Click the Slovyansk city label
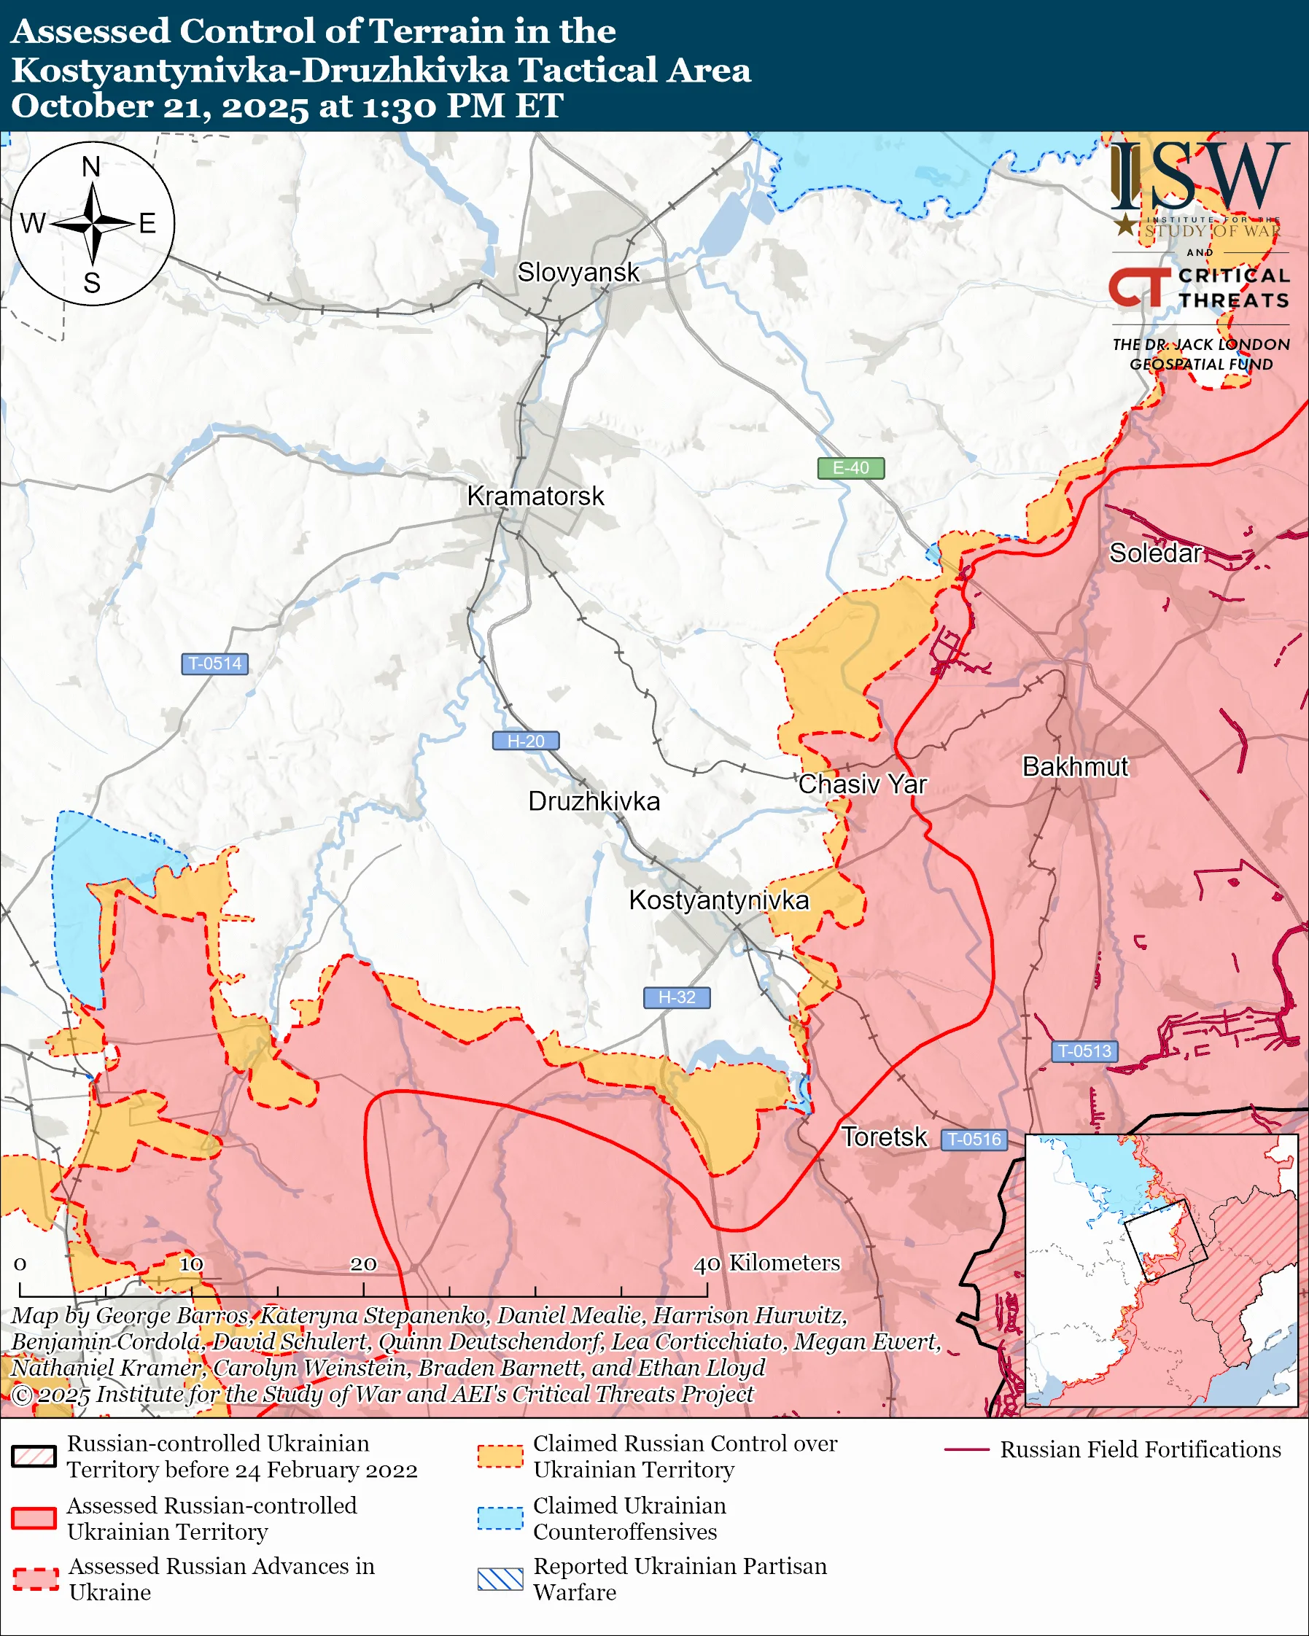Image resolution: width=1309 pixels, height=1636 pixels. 578,273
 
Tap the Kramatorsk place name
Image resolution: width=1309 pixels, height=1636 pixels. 535,496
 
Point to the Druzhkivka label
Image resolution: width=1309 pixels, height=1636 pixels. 594,801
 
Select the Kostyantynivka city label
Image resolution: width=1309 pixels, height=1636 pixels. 718,900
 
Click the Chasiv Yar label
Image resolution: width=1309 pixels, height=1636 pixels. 862,784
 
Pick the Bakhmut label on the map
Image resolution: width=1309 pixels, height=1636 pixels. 1074,766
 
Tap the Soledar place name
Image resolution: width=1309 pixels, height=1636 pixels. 1155,553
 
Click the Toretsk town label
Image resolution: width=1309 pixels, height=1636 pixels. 884,1137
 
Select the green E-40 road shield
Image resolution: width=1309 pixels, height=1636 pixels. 850,468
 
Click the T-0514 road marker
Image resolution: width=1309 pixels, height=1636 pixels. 214,663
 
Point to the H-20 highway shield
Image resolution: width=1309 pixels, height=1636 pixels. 526,741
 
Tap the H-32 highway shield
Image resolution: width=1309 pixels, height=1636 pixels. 677,997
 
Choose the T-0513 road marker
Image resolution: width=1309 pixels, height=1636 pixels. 1084,1051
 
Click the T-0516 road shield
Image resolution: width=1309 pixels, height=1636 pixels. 974,1139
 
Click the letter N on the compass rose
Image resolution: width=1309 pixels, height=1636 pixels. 91,167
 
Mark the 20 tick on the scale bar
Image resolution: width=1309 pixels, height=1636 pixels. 363,1264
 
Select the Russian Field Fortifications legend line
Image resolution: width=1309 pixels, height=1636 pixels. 966,1450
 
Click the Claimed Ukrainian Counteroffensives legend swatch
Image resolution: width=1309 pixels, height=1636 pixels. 500,1519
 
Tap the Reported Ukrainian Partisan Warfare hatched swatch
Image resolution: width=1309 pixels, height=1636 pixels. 500,1579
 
